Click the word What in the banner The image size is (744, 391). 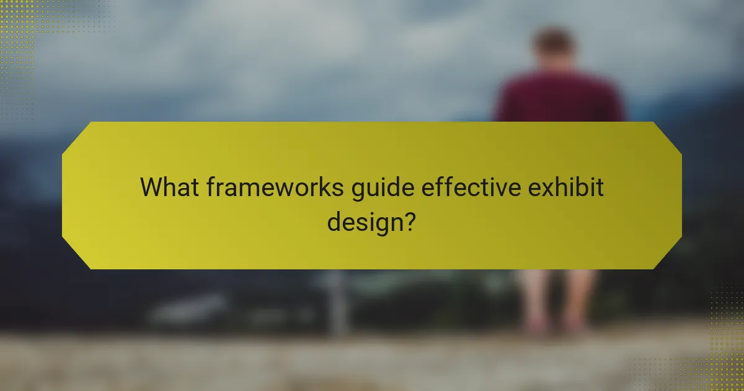(168, 187)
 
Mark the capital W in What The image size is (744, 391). (153, 187)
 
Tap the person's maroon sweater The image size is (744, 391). (558, 99)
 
